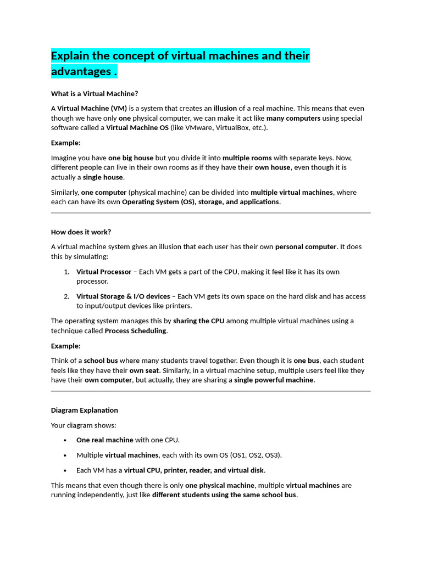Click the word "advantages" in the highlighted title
point(80,71)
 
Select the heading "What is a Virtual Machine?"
point(94,93)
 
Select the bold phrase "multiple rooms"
point(247,158)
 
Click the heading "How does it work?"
point(81,232)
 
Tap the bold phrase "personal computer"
point(306,246)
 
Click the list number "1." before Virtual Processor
point(66,272)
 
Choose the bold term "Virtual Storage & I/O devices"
point(123,296)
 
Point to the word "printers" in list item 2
point(177,306)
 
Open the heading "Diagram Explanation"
point(84,410)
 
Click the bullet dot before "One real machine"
point(65,440)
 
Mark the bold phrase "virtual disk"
point(245,470)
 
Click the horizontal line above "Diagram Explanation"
point(210,391)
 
